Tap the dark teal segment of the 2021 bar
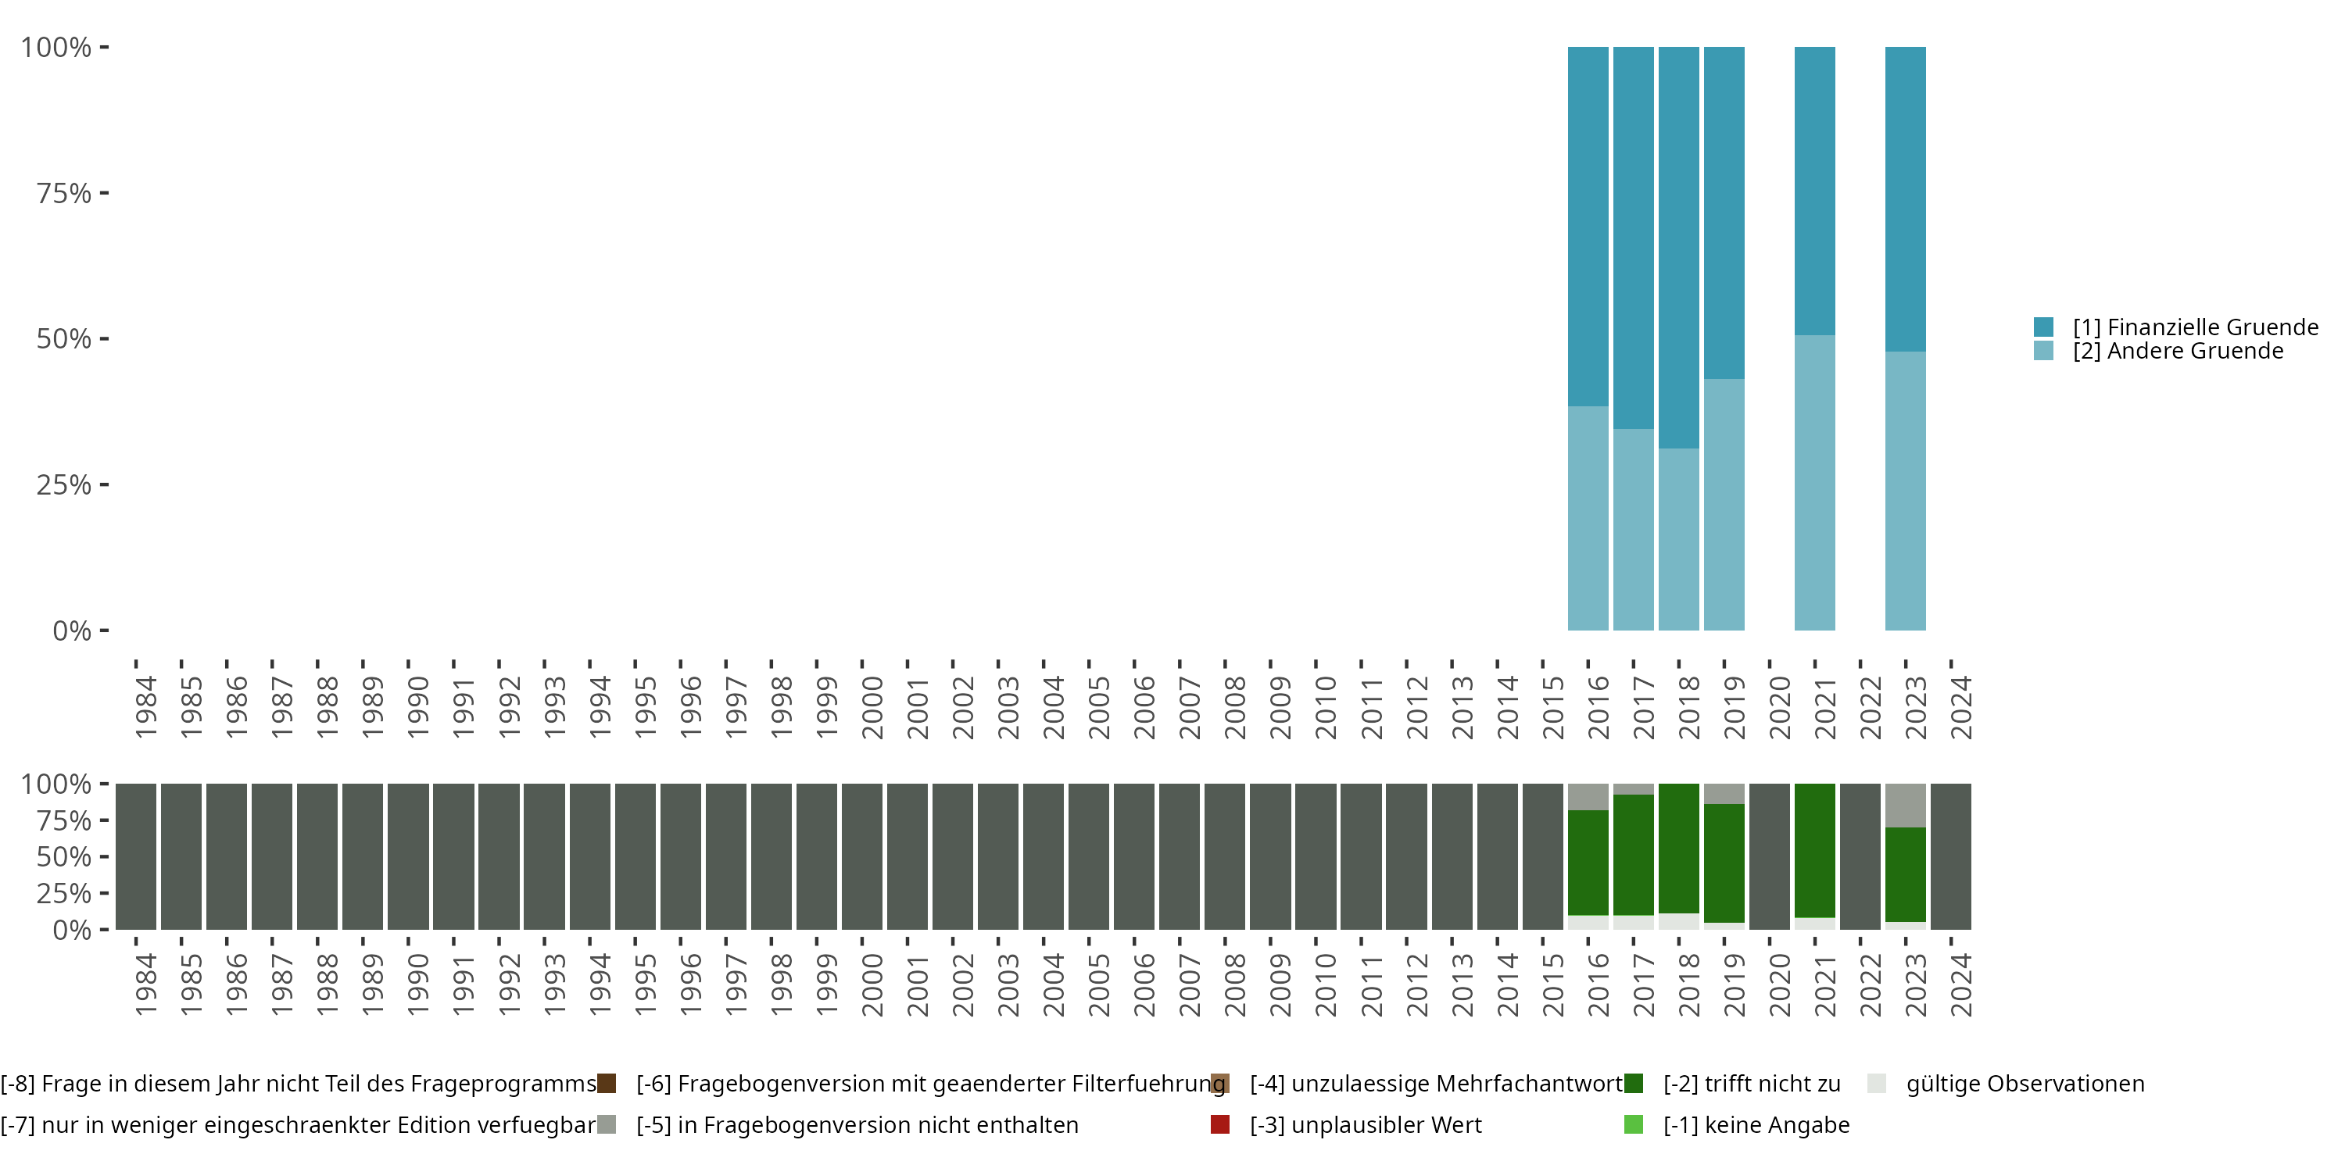1814,191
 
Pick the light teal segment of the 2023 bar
1906,491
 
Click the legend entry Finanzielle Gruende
2195,327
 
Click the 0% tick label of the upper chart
72,631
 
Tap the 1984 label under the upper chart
145,707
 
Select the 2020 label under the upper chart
1780,707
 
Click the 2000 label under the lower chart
872,984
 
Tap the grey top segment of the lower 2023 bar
1906,806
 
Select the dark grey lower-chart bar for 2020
1769,856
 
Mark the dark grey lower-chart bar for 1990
408,856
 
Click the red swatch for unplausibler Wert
1220,1124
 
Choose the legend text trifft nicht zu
1752,1084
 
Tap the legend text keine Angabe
1756,1124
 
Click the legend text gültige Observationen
2025,1084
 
